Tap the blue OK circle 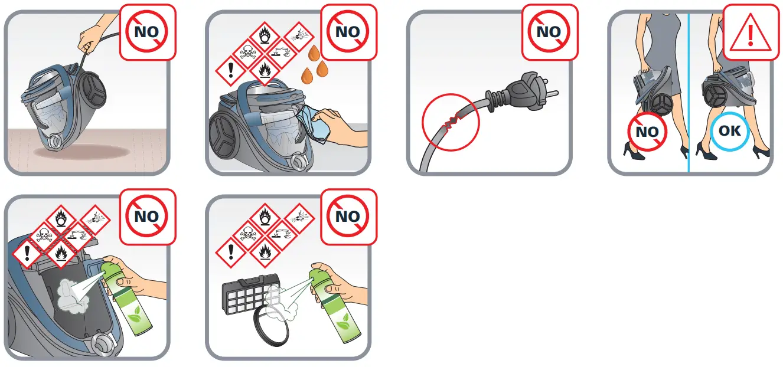click(729, 130)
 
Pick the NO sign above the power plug click(549, 32)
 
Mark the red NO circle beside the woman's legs click(647, 132)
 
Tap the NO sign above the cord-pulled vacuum click(147, 32)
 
